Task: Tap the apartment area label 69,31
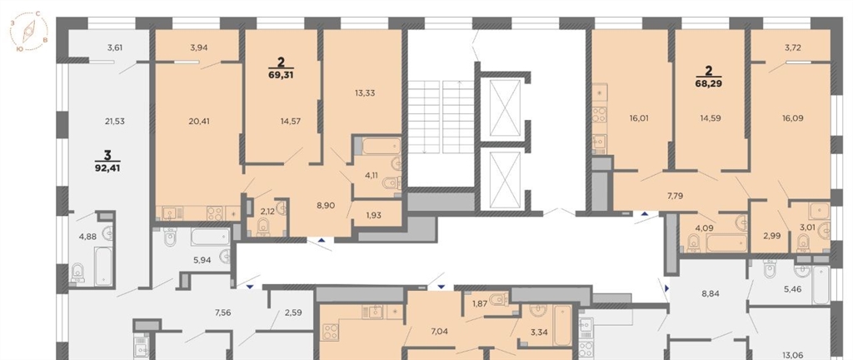[281, 76]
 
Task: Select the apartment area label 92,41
[107, 168]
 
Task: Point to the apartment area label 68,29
[709, 84]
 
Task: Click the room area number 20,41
[197, 121]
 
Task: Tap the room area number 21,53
[115, 122]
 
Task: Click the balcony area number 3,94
[200, 47]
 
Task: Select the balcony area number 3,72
[794, 47]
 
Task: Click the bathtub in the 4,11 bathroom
[382, 146]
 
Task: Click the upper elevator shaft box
[502, 107]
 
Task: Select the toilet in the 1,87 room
[498, 298]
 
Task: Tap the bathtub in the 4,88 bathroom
[103, 266]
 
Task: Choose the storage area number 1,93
[373, 215]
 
